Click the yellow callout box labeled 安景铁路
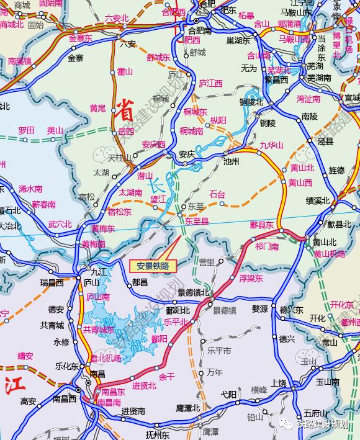pos(153,266)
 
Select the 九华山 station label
pos(271,145)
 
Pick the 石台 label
pos(217,195)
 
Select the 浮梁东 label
pos(251,279)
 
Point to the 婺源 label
pos(259,308)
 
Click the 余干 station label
pos(167,376)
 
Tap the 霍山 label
pos(125,72)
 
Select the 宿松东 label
pos(119,212)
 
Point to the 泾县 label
pos(325,141)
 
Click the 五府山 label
pos(315,413)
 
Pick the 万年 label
pos(214,372)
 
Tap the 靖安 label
pos(25,356)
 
